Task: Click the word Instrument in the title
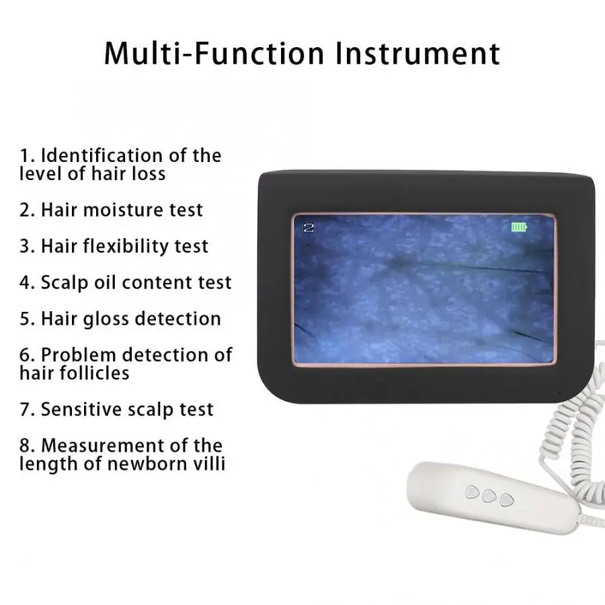click(418, 53)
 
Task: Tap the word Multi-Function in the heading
click(214, 53)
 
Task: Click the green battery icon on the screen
click(518, 227)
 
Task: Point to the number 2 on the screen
click(309, 227)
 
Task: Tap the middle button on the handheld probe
click(489, 495)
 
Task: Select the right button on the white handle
click(507, 500)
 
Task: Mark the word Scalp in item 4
click(65, 283)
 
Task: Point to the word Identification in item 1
click(102, 155)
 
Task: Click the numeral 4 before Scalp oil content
click(26, 282)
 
